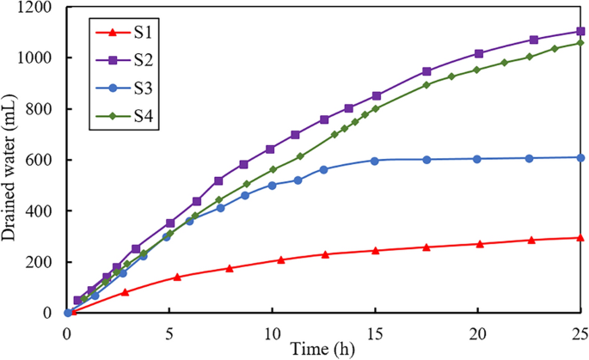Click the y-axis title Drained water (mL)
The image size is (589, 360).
11,161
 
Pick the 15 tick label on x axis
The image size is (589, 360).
375,331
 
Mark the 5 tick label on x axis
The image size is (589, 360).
169,331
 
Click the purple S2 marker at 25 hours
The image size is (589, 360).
580,32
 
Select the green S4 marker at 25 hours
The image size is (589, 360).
580,43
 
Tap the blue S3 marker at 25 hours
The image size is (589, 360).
580,157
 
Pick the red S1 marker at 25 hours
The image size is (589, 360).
580,238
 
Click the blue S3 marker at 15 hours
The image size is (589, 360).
375,161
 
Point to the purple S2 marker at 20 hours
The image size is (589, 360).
479,53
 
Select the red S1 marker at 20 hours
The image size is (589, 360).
479,244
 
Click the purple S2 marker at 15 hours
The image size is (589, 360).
376,95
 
